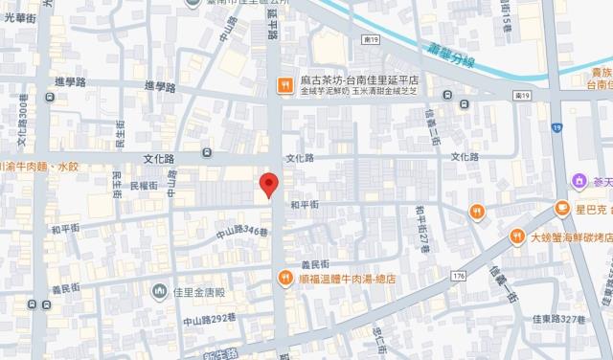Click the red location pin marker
tap(270, 185)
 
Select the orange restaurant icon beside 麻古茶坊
tap(284, 84)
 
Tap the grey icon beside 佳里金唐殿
tap(160, 289)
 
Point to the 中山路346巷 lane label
tap(235, 231)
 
